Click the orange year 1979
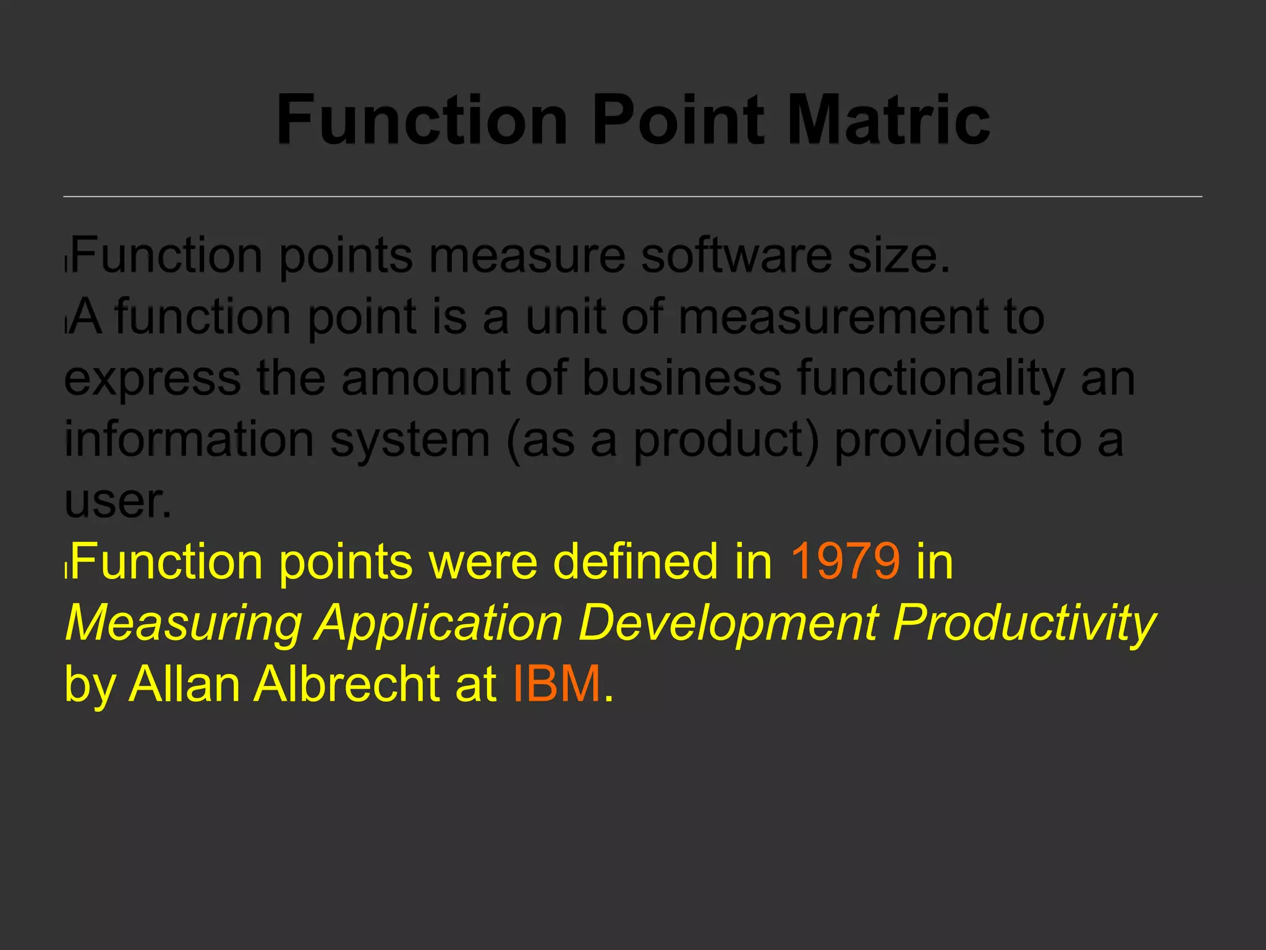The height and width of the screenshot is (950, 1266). click(845, 562)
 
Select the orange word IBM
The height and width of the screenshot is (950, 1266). click(557, 684)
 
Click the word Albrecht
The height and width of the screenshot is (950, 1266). click(348, 684)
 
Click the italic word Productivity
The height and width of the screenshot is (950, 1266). click(1024, 623)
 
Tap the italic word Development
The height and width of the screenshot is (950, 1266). click(729, 622)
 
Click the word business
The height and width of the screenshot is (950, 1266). click(682, 378)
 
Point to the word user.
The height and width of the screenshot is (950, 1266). click(117, 501)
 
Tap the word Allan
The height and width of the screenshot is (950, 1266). click(184, 684)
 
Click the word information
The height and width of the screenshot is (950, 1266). click(189, 439)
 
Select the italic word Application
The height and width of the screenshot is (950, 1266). click(439, 623)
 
